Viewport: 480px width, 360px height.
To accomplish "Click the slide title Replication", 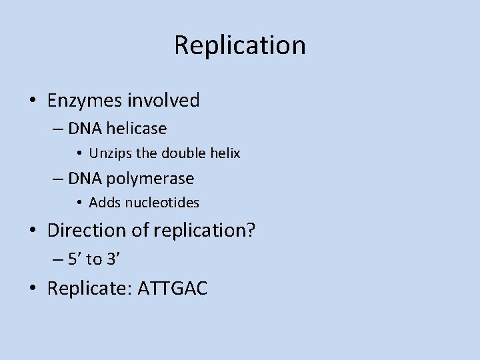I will coord(240,45).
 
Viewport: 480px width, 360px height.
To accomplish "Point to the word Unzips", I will coord(111,153).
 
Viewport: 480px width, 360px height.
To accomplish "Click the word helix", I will coord(225,153).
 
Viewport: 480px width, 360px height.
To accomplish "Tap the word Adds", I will coord(103,202).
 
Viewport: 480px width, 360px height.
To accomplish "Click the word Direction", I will coord(86,231).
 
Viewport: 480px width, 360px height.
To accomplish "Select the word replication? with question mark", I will coord(205,231).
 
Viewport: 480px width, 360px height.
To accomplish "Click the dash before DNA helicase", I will coord(55,128).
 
